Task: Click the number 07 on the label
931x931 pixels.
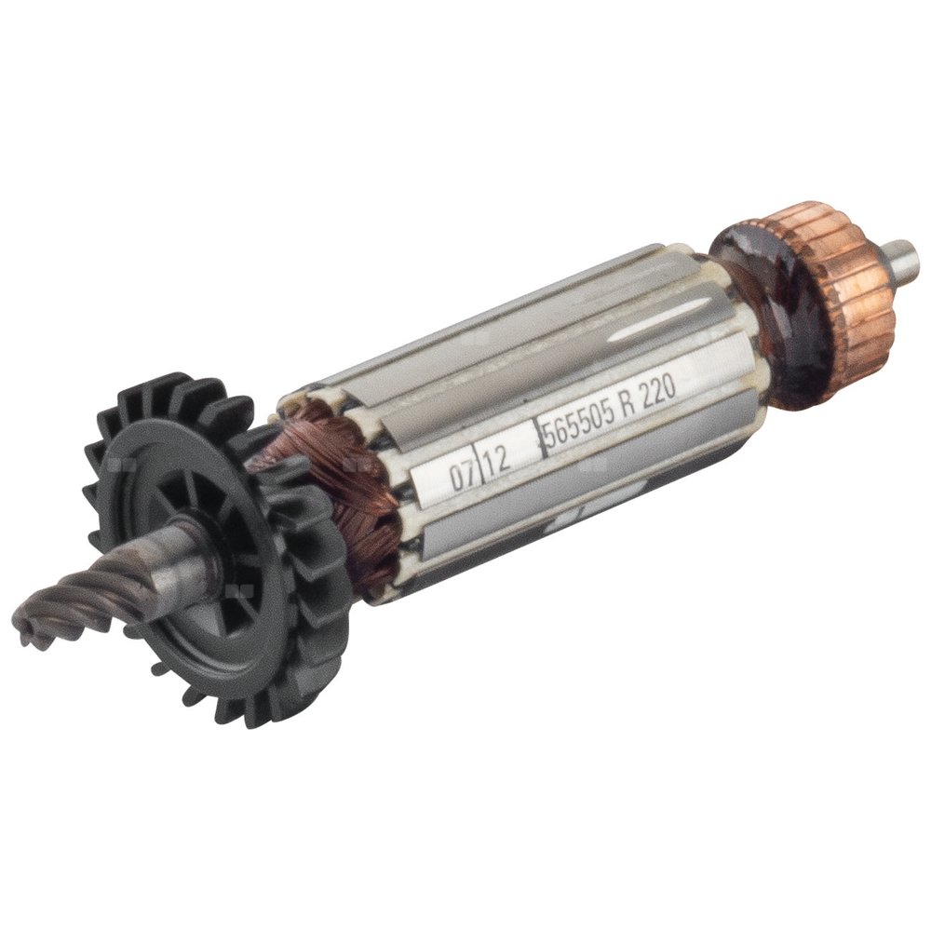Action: coord(459,476)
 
